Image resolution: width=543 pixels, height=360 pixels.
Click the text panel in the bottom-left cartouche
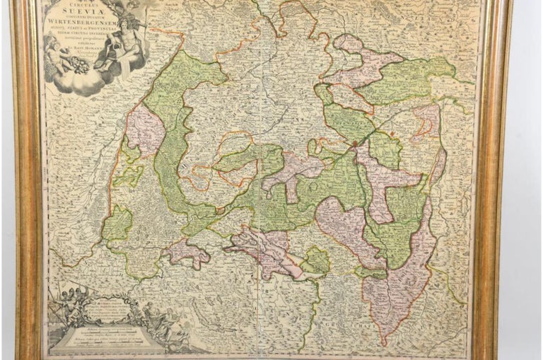[x=106, y=322]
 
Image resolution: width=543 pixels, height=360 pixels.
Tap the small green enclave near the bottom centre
[x=317, y=262]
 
